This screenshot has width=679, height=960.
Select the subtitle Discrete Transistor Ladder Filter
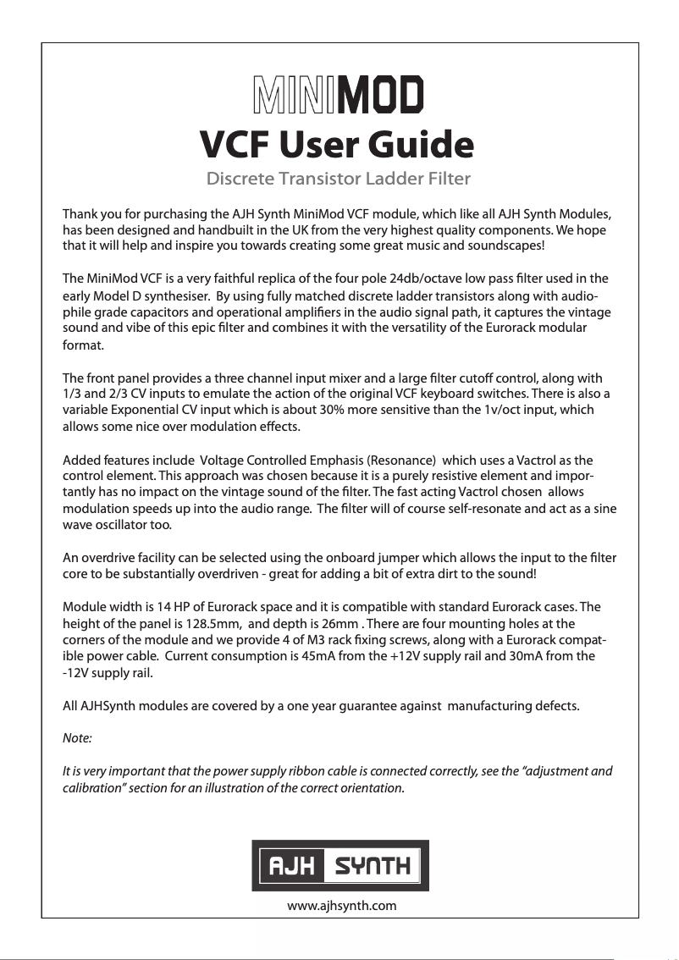[x=339, y=179]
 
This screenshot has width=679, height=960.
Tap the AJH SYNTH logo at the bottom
[x=339, y=865]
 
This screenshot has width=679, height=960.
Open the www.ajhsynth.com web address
[x=342, y=906]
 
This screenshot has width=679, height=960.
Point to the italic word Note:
[x=78, y=738]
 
